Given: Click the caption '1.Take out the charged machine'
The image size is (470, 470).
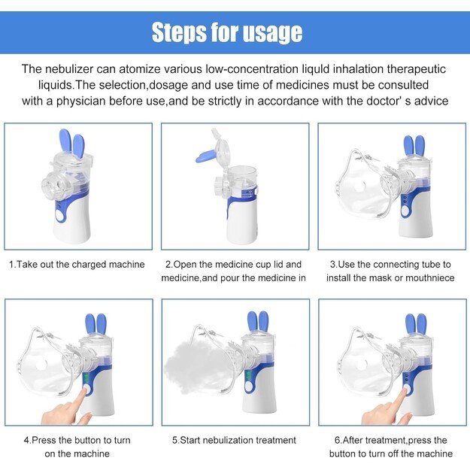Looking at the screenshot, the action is (77, 265).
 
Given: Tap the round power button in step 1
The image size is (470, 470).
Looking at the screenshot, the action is (61, 215).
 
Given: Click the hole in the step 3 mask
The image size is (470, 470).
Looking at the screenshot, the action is (359, 187).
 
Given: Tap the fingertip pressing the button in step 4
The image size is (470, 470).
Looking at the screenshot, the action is (86, 390).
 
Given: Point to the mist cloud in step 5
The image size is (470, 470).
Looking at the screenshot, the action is (195, 369).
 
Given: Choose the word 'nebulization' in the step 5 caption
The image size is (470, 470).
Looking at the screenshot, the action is (229, 440).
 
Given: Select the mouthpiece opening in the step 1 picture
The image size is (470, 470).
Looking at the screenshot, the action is (50, 186).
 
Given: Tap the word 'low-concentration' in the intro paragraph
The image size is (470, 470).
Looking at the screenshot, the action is (253, 69).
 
